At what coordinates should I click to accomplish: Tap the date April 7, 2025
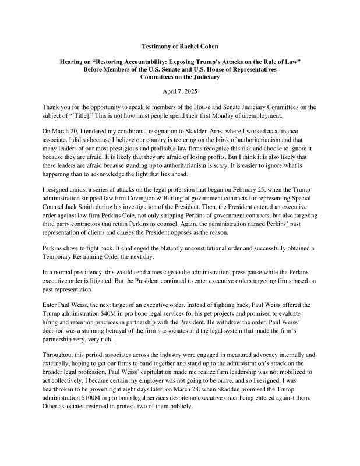(x=180, y=91)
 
